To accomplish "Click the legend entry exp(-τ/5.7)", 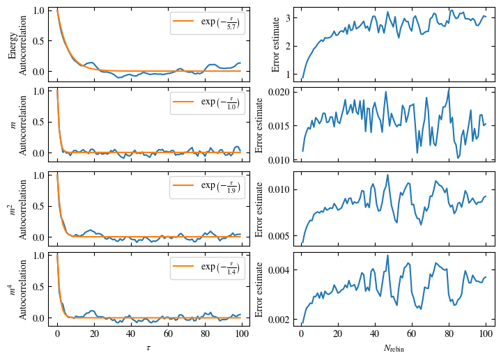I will tap(208, 22).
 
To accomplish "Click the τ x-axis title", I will tap(149, 347).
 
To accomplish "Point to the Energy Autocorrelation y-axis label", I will tap(17, 42).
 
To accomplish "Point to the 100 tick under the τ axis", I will tap(241, 334).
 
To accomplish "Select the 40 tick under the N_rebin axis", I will tap(375, 334).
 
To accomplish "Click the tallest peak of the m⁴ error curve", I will tap(387, 256).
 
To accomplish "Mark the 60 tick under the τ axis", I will tap(167, 334).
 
